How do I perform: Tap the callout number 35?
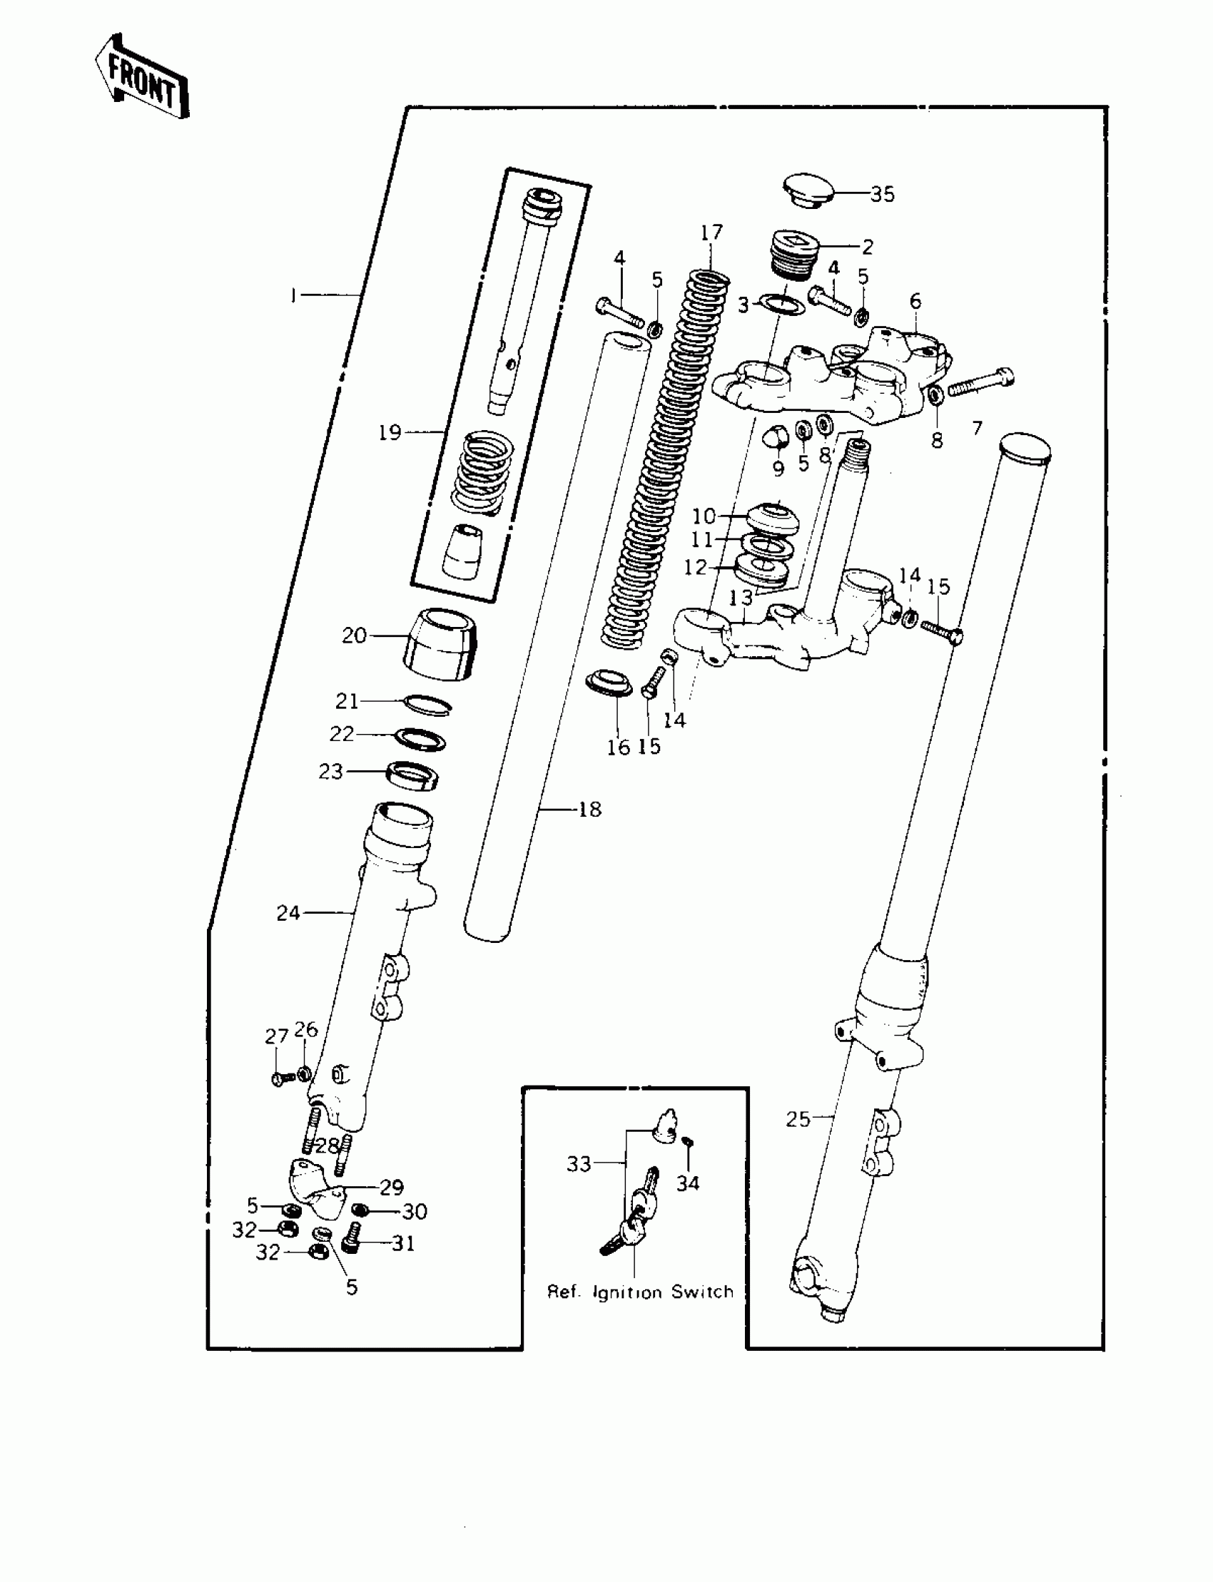coord(882,194)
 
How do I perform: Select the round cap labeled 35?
coord(808,189)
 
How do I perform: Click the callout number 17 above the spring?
coord(711,233)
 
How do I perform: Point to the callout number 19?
coord(390,432)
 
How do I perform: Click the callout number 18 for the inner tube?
coord(590,810)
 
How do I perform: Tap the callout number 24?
coord(288,913)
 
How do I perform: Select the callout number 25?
coord(798,1118)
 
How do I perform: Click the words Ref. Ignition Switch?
coord(640,1292)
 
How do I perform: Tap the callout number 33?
coord(579,1163)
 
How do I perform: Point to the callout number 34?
coord(687,1183)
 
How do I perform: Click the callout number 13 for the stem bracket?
coord(741,598)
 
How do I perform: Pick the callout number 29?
coord(392,1188)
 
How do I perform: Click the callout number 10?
coord(704,516)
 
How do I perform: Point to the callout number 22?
coord(342,734)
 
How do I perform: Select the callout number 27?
coord(277,1037)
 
